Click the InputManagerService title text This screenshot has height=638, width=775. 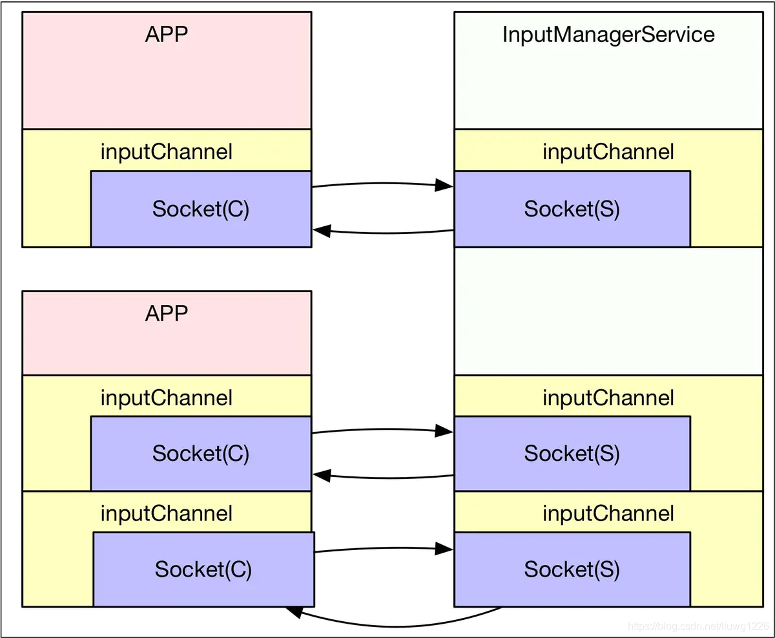[x=608, y=34]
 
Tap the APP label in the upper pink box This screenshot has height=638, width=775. [x=167, y=34]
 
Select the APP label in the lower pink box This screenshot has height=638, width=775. [x=167, y=314]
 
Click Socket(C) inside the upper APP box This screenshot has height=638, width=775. [x=201, y=209]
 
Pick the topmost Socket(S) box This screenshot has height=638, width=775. [x=572, y=209]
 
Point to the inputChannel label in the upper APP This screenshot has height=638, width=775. [x=167, y=152]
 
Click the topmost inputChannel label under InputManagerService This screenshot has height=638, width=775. [x=608, y=152]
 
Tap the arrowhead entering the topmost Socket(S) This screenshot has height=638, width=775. [x=444, y=186]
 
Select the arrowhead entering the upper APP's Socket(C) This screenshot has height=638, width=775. [x=322, y=230]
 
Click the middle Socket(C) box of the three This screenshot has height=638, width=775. [x=201, y=454]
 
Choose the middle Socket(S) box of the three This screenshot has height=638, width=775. [x=572, y=454]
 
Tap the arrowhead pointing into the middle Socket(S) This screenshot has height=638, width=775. [x=444, y=431]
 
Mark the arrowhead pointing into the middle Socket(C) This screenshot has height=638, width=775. [x=322, y=476]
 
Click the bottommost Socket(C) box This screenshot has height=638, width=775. [x=203, y=569]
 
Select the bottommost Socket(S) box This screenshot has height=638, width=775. [x=572, y=569]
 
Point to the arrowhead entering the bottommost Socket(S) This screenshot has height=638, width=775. [x=444, y=549]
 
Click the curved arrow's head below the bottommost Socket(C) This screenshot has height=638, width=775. [x=294, y=611]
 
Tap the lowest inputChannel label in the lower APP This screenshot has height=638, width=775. [x=167, y=514]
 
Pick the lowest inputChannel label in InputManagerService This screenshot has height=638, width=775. [x=608, y=514]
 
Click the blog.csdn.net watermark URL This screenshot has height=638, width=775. [x=697, y=626]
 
